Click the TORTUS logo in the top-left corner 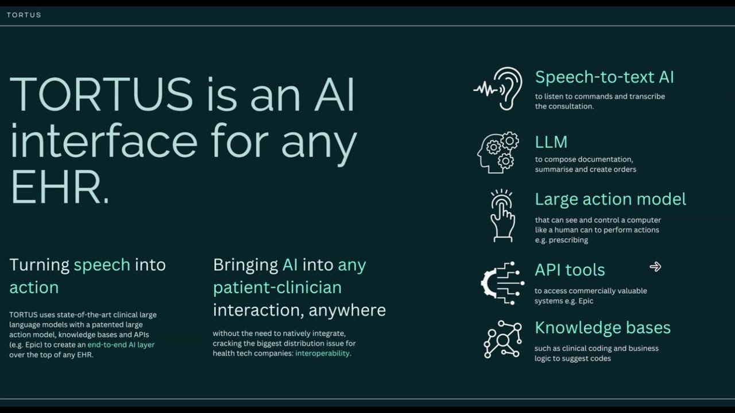24,15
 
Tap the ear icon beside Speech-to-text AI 498,88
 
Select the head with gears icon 498,153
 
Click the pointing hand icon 502,216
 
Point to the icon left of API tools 502,283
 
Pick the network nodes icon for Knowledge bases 502,339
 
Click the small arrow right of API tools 655,267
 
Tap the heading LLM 551,142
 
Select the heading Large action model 610,199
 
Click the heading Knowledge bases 602,328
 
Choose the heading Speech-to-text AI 605,77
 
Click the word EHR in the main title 55,187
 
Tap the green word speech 102,265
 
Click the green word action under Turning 34,287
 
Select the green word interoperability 322,353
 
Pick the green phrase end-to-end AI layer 121,345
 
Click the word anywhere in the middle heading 347,310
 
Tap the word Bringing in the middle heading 245,265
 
